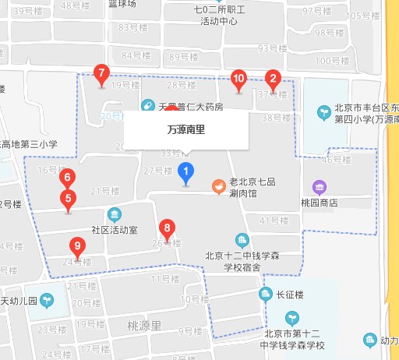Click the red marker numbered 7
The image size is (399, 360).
[101, 75]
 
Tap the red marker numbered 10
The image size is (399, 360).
[239, 79]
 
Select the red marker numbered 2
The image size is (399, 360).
[273, 79]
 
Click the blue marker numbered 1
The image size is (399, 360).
[185, 171]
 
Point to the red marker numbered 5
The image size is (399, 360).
[68, 199]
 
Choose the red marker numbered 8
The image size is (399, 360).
[166, 229]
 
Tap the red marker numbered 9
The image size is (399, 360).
[76, 247]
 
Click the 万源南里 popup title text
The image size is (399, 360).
[186, 130]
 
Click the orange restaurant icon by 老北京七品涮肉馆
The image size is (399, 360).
[220, 186]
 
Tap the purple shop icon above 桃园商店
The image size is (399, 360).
[319, 187]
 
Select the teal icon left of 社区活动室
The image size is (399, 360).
[115, 214]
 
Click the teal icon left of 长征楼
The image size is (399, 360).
[266, 294]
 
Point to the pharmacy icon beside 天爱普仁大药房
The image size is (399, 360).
[147, 105]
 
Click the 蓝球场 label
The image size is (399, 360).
[122, 4]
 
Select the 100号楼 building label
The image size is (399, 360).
[329, 61]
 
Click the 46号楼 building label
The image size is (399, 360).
[337, 160]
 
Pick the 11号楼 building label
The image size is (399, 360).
[164, 279]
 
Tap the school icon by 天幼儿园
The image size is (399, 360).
[48, 298]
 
